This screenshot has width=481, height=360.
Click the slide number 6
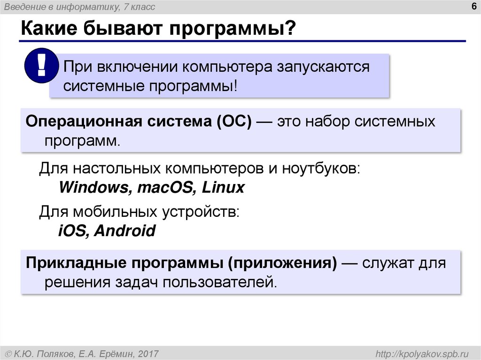[x=472, y=6]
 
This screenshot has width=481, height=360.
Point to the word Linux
[x=223, y=188]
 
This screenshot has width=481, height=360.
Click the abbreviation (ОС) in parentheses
[x=233, y=122]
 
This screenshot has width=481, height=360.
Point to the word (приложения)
[x=283, y=263]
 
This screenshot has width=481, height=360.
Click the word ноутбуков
[x=320, y=168]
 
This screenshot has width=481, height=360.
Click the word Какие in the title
[x=49, y=30]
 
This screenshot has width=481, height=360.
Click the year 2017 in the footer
[x=148, y=353]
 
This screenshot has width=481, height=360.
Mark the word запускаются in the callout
[x=323, y=67]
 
